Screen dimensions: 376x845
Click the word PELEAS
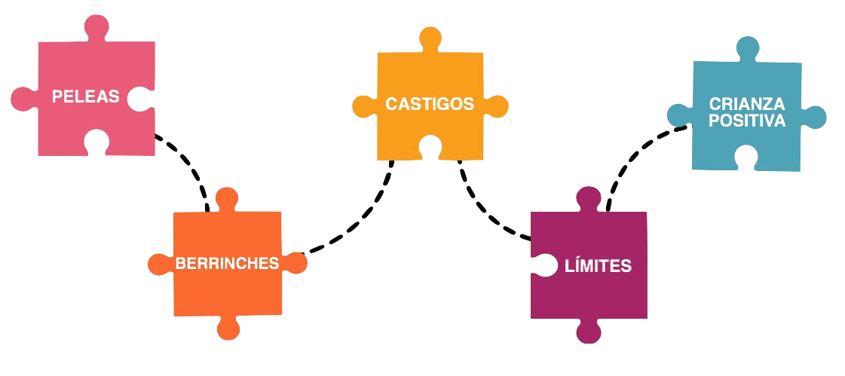[85, 97]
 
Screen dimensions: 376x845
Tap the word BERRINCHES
[227, 264]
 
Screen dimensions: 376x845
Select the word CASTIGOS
[430, 104]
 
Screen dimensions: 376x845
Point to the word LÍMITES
[598, 266]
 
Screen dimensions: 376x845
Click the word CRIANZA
[747, 105]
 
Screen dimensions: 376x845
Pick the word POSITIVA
[747, 121]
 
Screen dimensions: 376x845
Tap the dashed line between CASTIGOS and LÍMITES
[483, 211]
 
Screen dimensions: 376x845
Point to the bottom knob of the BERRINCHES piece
[228, 329]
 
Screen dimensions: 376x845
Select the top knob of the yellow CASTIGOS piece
[430, 38]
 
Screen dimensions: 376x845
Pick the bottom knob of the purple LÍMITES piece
[589, 332]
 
